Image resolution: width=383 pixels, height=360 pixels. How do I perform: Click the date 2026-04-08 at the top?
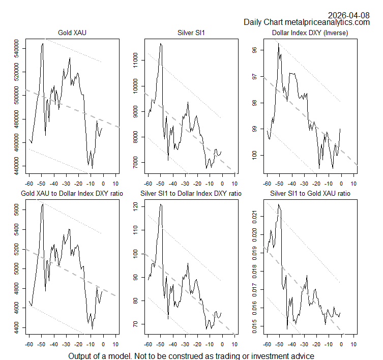pyautogui.click(x=349, y=15)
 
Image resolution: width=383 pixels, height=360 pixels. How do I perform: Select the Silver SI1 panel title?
pyautogui.click(x=191, y=34)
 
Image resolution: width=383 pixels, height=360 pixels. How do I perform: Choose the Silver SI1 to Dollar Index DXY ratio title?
pyautogui.click(x=191, y=193)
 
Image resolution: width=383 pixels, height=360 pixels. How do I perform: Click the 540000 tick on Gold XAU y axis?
pyautogui.click(x=19, y=51)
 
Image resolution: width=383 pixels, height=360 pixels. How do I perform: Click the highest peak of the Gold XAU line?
pyautogui.click(x=43, y=44)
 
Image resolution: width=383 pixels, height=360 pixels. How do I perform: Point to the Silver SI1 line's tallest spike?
pyautogui.click(x=161, y=44)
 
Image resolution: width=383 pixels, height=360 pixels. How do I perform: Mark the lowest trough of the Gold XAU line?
pyautogui.click(x=92, y=168)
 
